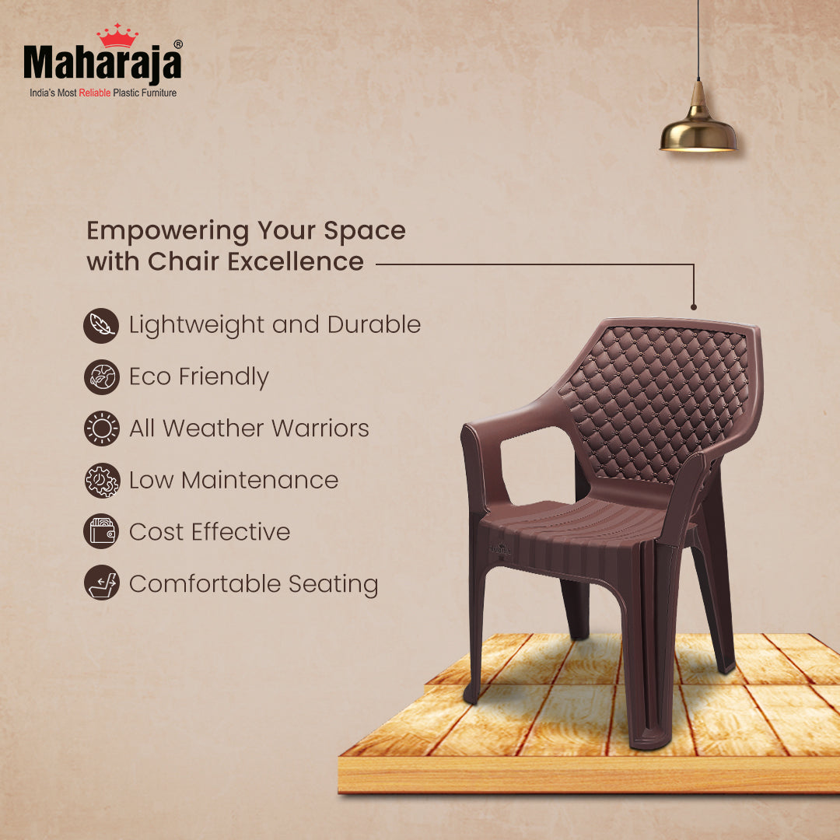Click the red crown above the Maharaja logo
click(117, 36)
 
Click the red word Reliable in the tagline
click(94, 93)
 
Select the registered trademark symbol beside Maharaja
click(178, 45)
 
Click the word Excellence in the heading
click(296, 261)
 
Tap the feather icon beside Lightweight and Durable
click(101, 325)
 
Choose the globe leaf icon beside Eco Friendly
click(101, 377)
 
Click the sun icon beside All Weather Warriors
click(101, 429)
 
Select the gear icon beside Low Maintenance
click(101, 481)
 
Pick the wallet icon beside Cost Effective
click(101, 532)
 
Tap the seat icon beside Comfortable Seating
click(101, 583)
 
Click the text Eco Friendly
click(198, 377)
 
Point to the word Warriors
click(315, 429)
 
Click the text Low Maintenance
click(233, 481)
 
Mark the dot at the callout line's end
click(693, 307)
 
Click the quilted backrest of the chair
click(653, 397)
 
